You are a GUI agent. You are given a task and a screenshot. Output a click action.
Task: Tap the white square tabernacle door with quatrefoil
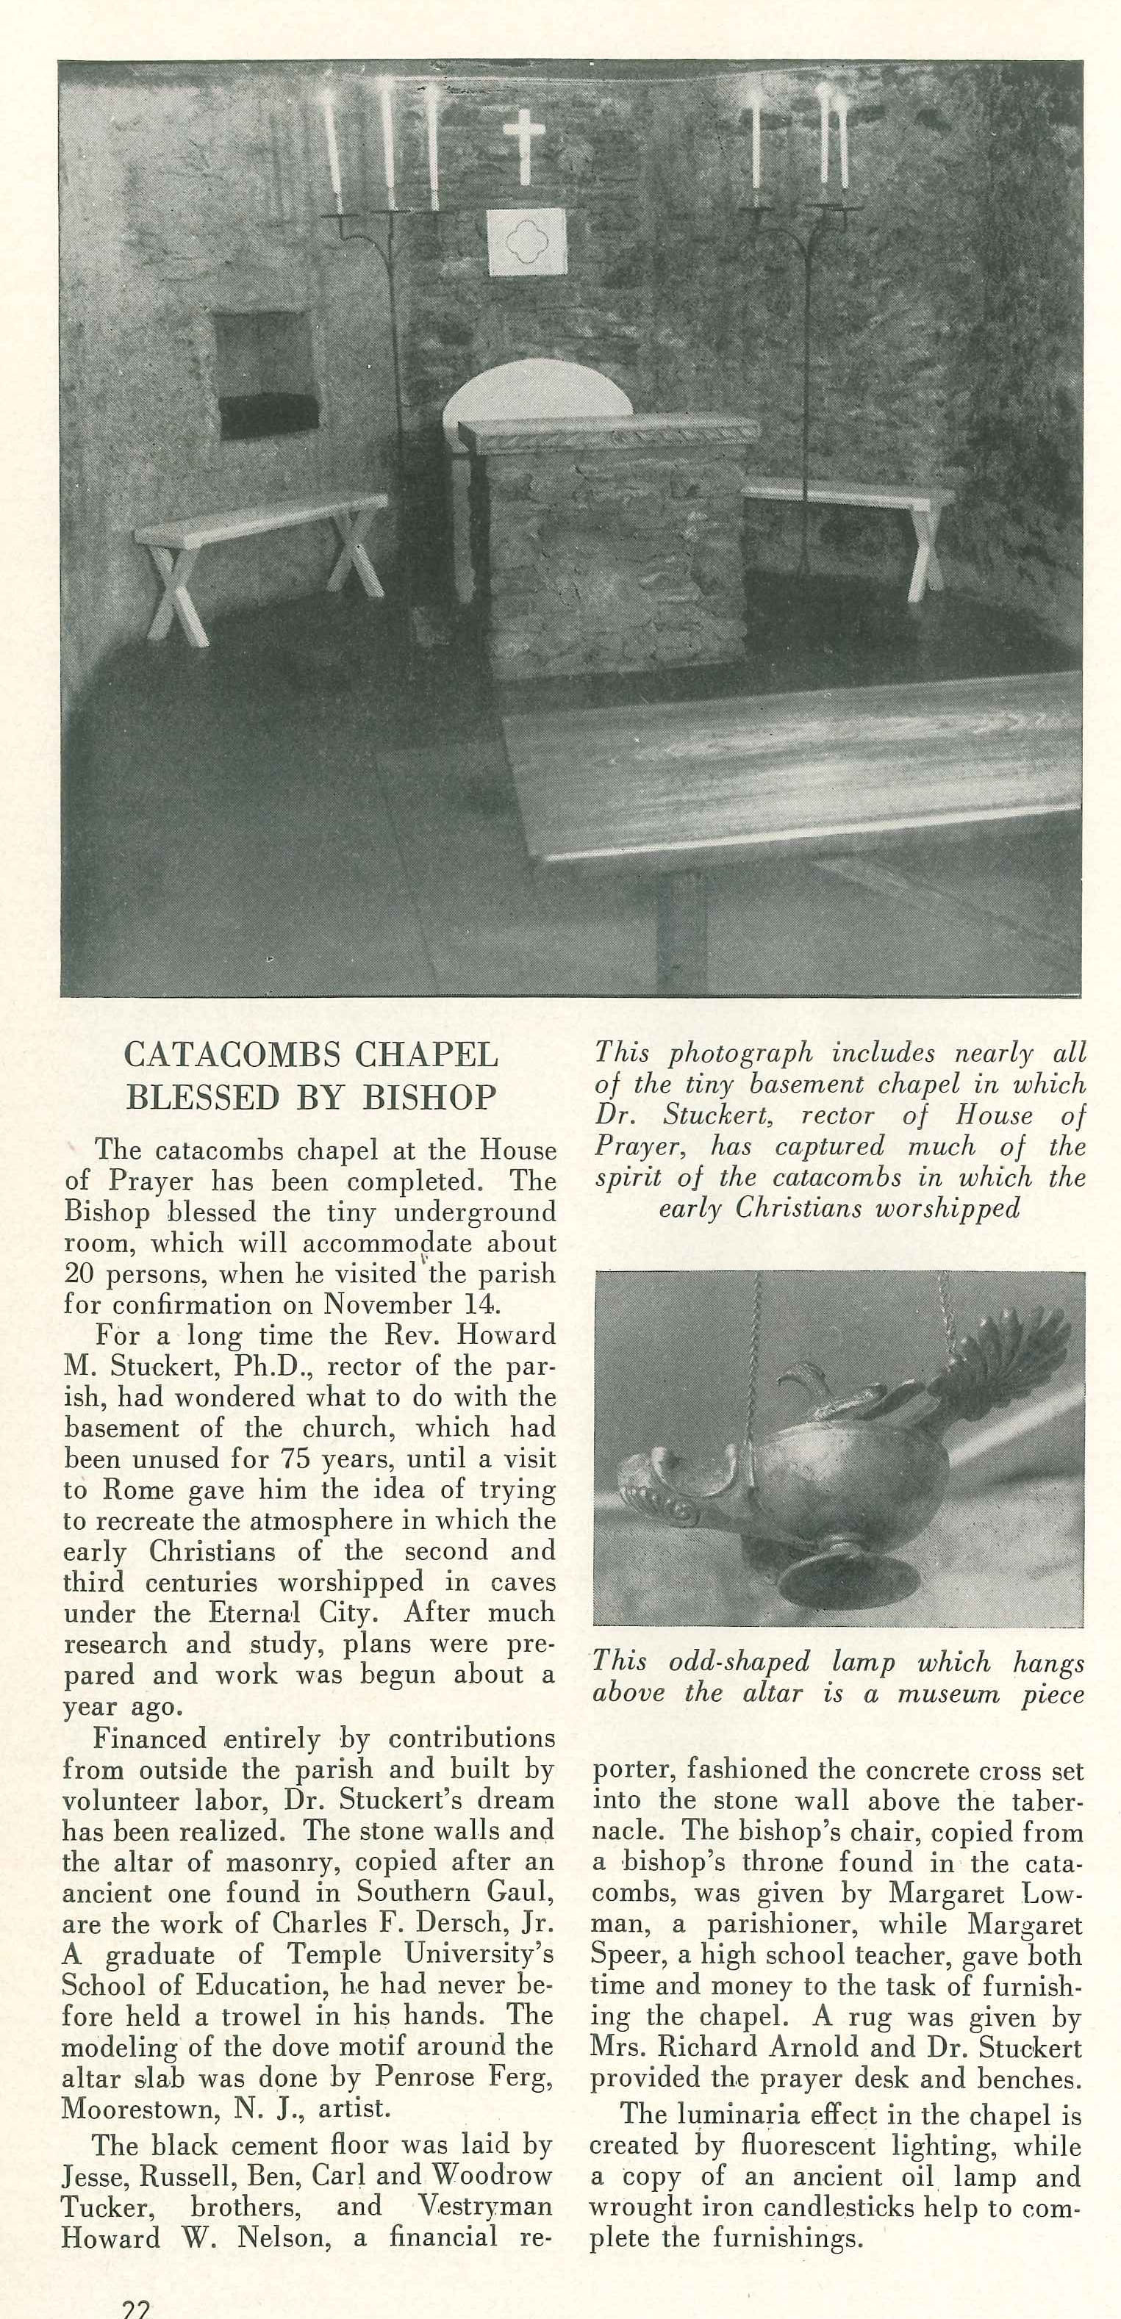pos(527,241)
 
